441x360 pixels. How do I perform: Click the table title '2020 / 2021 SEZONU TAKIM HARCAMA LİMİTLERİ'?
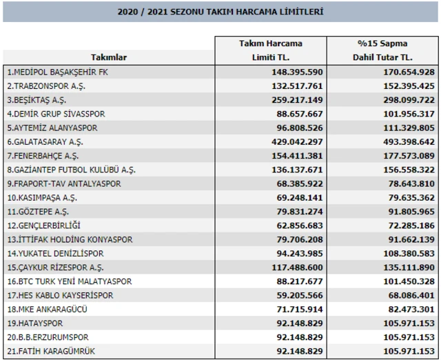pos(220,12)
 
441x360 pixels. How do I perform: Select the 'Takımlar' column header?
pos(109,57)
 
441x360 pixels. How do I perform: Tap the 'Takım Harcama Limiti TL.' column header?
pos(271,50)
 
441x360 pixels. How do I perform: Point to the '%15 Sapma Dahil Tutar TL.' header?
pos(382,50)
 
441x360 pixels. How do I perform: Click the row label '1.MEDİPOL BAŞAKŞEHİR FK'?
pos(58,72)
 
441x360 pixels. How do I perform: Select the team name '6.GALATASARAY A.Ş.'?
pos(45,142)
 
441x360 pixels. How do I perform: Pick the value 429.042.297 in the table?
pos(297,142)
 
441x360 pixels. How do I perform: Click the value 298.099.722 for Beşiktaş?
pos(409,100)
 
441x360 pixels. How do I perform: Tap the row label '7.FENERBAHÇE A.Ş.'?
pos(43,156)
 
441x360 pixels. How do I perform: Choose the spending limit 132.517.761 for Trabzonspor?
pos(297,86)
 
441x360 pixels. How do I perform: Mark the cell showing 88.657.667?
pos(300,114)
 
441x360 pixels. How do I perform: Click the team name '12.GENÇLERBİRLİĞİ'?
pos(44,226)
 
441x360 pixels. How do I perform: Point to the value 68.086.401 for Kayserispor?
pos(411,296)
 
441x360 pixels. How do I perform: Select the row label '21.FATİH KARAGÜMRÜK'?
pos(51,351)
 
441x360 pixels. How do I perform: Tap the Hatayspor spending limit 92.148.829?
pos(300,323)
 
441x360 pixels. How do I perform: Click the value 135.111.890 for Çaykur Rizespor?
pos(409,268)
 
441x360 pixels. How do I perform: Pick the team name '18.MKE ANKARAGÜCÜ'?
pos(48,310)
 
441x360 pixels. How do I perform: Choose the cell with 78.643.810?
pos(411,184)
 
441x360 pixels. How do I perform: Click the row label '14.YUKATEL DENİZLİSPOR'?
pos(55,254)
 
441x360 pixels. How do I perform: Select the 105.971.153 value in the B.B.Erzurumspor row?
pos(409,337)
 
